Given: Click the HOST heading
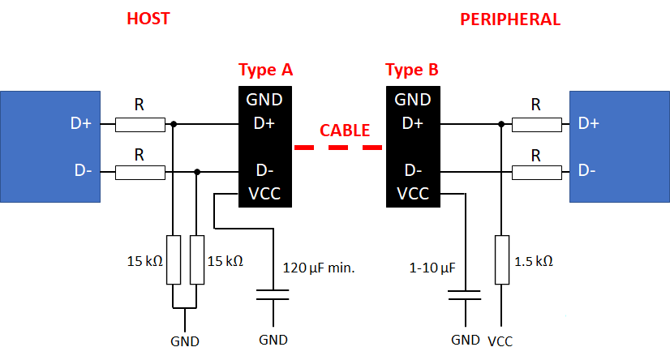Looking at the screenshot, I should (x=148, y=19).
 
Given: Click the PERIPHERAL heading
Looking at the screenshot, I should (x=510, y=19).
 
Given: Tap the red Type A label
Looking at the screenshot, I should (x=265, y=70).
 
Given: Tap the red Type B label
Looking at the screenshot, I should (x=412, y=70).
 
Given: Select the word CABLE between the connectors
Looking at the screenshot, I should (x=345, y=130).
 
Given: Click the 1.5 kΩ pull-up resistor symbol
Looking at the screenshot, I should (x=502, y=259).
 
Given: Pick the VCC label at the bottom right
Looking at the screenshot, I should (x=500, y=341).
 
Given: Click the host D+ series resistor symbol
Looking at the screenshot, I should (x=140, y=124).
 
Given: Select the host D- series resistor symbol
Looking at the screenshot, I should (x=140, y=171).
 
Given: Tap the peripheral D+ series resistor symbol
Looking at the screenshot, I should (x=536, y=124).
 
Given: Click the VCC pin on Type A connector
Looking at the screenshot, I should (x=265, y=194).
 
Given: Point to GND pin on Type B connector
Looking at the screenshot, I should (x=412, y=101).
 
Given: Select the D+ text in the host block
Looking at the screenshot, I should (x=82, y=124).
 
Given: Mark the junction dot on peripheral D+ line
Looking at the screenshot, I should (x=502, y=124).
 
